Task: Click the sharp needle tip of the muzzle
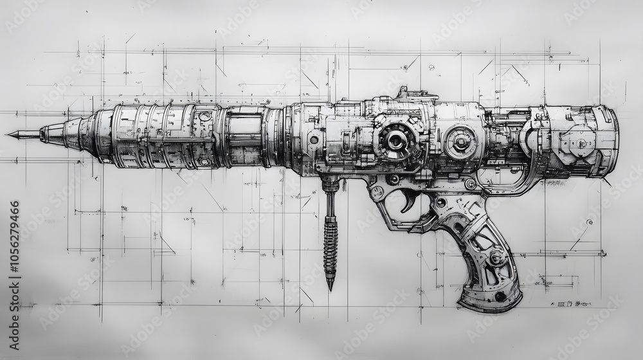click(x=9, y=134)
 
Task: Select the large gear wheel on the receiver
click(x=396, y=139)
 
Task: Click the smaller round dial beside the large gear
click(x=460, y=141)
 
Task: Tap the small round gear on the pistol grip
click(x=496, y=257)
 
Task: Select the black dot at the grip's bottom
click(x=500, y=296)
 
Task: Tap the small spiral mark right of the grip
click(x=589, y=222)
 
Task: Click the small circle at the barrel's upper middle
click(x=204, y=116)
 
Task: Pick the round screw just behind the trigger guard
click(x=441, y=203)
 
